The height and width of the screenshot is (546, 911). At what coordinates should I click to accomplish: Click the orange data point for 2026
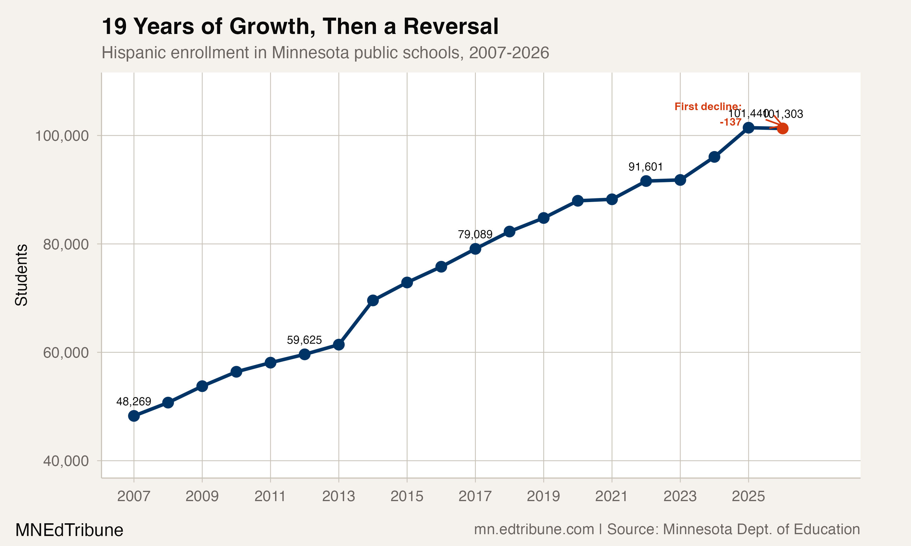(783, 128)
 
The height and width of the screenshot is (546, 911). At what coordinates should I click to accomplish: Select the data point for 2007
(134, 416)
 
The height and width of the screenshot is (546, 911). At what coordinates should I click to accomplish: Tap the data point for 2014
(373, 300)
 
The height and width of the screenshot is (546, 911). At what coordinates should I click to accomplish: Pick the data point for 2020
(578, 201)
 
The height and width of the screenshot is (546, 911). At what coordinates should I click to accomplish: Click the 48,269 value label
(134, 401)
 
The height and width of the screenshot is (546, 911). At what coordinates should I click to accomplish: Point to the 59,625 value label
(304, 340)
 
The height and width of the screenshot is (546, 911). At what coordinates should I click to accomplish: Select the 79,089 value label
(475, 234)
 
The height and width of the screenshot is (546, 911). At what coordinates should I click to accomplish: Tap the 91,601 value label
(646, 167)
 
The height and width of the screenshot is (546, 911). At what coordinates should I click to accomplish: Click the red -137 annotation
(731, 122)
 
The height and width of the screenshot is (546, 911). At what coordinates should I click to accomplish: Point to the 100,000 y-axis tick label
(62, 136)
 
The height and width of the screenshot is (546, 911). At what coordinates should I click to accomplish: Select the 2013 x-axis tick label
(338, 497)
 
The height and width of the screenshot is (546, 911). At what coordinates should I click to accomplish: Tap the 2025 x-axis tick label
(748, 497)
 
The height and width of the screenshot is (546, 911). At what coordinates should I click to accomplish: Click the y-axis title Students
(21, 275)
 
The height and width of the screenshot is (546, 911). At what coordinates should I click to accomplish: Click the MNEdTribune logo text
(69, 530)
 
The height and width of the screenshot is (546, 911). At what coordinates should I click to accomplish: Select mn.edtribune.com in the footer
(534, 529)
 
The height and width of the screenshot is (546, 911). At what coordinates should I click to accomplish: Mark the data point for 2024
(714, 157)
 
